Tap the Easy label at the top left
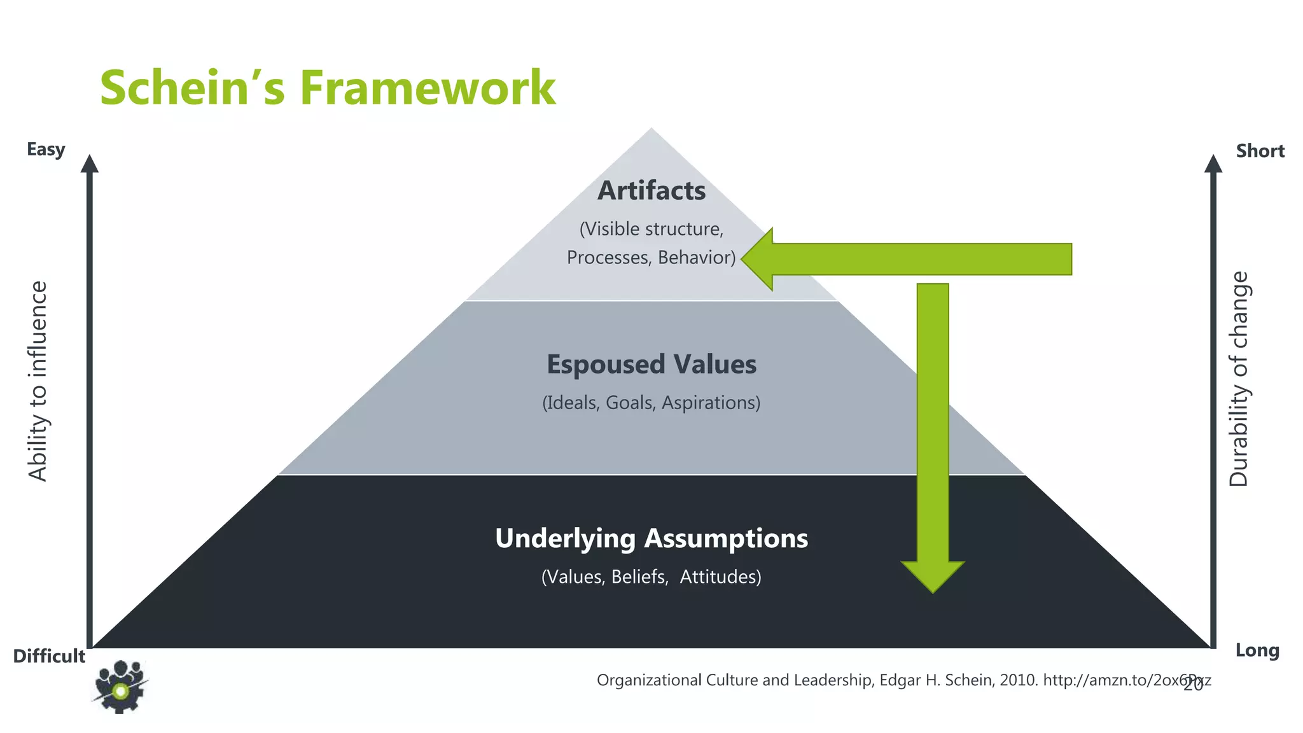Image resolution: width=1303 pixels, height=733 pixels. (46, 150)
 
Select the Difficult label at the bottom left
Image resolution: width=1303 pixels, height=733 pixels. (49, 656)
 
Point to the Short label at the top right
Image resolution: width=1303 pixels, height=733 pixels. (1260, 151)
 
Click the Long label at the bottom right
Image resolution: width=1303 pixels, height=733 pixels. (1257, 650)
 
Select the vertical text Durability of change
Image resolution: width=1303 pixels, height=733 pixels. (1239, 379)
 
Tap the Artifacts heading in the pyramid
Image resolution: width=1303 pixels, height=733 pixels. (651, 191)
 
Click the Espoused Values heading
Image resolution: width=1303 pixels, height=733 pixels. (651, 365)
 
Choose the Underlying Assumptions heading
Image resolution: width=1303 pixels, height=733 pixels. (651, 538)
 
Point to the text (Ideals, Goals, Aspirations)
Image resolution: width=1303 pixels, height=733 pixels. (651, 403)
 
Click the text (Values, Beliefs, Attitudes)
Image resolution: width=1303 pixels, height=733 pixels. (651, 577)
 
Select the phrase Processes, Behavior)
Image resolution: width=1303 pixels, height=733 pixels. (651, 258)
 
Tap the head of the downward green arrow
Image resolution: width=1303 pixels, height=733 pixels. (933, 575)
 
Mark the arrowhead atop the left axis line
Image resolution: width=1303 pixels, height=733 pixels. (90, 164)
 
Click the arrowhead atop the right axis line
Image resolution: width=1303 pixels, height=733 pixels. (1213, 164)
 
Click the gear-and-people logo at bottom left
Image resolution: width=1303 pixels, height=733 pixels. (120, 687)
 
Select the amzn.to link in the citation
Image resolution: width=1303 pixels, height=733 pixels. (1126, 680)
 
